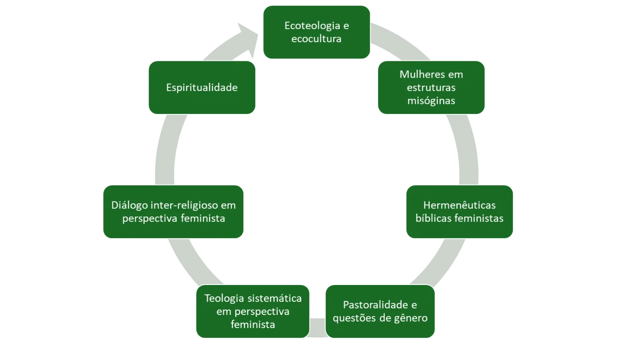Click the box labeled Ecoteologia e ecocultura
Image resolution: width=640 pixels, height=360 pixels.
(316, 32)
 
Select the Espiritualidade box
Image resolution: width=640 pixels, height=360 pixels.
(201, 88)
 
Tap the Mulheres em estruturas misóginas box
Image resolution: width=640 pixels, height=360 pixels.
(431, 88)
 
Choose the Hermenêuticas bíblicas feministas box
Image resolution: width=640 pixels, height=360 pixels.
(459, 211)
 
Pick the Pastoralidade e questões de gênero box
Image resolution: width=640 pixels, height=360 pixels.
(380, 311)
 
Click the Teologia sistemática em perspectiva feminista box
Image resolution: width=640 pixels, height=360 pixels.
(253, 311)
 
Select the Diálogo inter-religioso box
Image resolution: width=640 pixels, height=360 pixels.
(173, 211)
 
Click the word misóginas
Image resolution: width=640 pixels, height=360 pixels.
(431, 100)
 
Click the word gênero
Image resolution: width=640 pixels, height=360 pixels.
(410, 318)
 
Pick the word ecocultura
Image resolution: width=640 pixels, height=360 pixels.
(316, 38)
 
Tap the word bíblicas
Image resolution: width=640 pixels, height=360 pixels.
(432, 218)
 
